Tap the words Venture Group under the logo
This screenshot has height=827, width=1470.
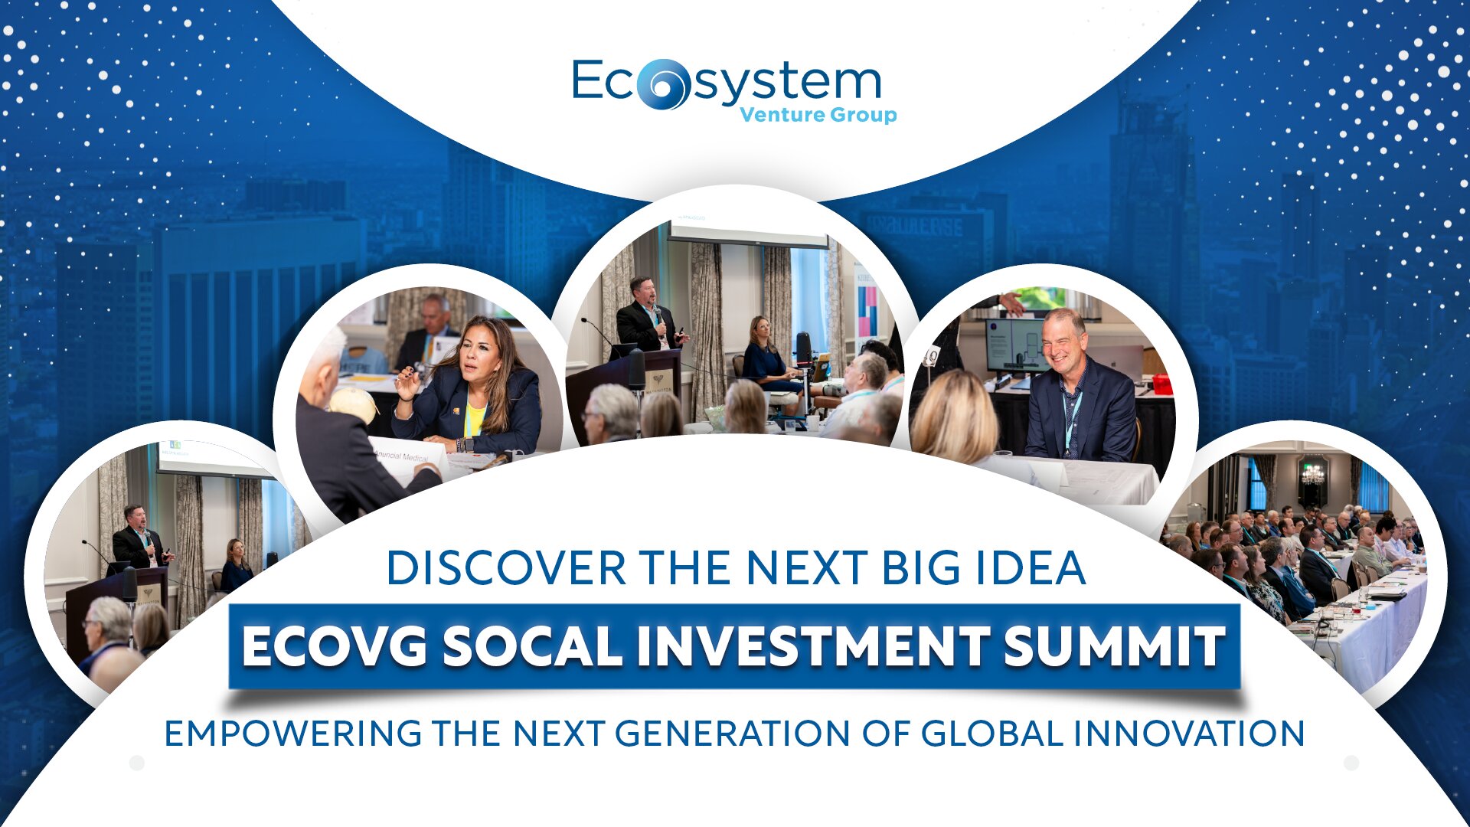pyautogui.click(x=818, y=115)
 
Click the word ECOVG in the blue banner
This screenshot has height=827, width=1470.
pyautogui.click(x=335, y=646)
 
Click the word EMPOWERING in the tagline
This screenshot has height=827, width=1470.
pyautogui.click(x=293, y=734)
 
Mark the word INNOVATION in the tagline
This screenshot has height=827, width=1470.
pyautogui.click(x=1189, y=734)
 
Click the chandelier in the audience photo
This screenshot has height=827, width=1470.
pyautogui.click(x=1312, y=472)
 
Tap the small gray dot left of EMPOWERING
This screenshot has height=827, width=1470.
pyautogui.click(x=137, y=763)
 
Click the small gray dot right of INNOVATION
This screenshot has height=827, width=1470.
pyautogui.click(x=1351, y=763)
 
